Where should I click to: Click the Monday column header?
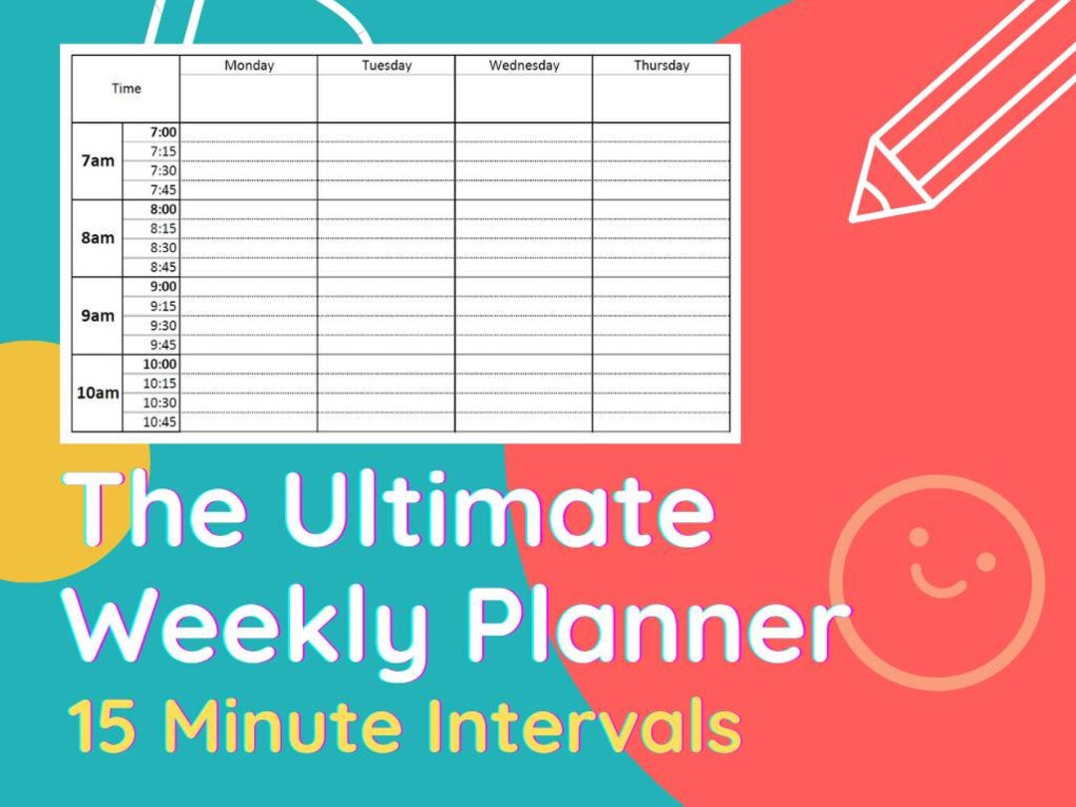click(249, 66)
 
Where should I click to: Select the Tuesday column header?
click(387, 66)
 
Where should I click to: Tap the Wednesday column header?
click(523, 66)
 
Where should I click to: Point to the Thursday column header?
click(662, 66)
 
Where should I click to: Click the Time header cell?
click(127, 89)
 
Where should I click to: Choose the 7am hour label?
click(98, 160)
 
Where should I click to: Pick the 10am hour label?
click(98, 393)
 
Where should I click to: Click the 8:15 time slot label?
click(162, 228)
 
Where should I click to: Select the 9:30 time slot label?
click(162, 325)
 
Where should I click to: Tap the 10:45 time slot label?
click(160, 422)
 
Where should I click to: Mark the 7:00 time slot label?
click(162, 132)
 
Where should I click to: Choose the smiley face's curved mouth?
click(939, 583)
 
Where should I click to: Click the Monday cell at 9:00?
click(249, 287)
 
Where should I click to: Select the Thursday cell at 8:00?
click(662, 209)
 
